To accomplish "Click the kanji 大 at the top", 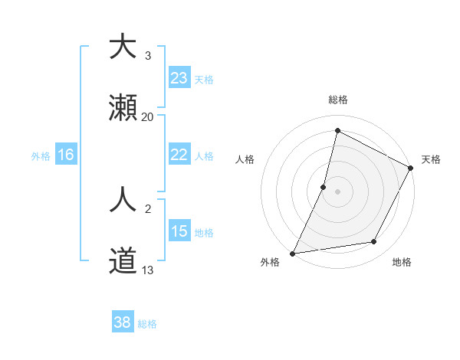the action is (123, 47).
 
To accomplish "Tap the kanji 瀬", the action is (123, 108).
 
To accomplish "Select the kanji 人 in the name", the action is (123, 201).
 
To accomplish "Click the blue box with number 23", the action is (179, 78).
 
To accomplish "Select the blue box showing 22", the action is (179, 155).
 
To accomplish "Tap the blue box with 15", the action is (179, 231).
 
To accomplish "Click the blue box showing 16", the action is (65, 155).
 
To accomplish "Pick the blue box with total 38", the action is (122, 322).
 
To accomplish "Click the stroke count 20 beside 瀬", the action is (147, 117).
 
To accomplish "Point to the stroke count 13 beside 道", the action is (147, 270).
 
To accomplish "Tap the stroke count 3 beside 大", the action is (147, 56).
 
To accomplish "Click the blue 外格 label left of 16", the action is (41, 155).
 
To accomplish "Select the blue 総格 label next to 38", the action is (147, 323).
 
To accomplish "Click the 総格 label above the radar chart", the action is (338, 100).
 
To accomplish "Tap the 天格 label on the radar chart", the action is (431, 159).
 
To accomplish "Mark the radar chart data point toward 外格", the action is (292, 253).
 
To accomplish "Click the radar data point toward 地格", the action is (374, 242).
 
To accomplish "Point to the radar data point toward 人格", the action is (324, 186).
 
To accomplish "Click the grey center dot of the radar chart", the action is (338, 191).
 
